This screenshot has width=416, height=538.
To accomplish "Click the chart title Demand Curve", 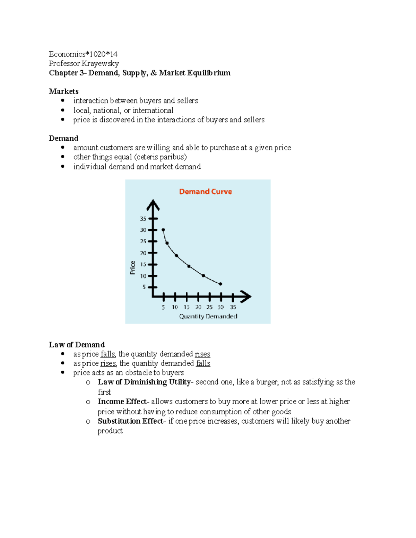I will (205, 192).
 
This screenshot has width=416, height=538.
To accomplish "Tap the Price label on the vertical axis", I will (133, 268).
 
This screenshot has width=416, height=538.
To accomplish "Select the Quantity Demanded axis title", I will (208, 316).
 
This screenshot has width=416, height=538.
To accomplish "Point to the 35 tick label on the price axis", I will (143, 219).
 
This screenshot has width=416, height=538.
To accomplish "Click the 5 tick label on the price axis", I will (144, 287).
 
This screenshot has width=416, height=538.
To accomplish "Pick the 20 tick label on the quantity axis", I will (198, 307).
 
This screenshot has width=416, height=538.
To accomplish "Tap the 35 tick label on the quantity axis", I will (233, 307).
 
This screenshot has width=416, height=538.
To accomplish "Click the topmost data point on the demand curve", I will (163, 230).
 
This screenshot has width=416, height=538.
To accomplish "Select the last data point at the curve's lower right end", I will (220, 284).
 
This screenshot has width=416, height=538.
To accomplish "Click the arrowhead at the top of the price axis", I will (153, 204).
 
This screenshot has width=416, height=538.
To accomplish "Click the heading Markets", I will (64, 91).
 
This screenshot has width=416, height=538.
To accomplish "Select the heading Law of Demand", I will (77, 345).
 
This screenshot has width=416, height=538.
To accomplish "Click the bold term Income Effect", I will (122, 402).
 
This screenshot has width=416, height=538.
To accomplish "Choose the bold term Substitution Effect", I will (130, 421).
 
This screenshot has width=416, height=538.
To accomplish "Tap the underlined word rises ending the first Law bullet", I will (202, 354).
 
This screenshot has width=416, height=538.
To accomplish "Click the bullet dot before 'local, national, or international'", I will (63, 110).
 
